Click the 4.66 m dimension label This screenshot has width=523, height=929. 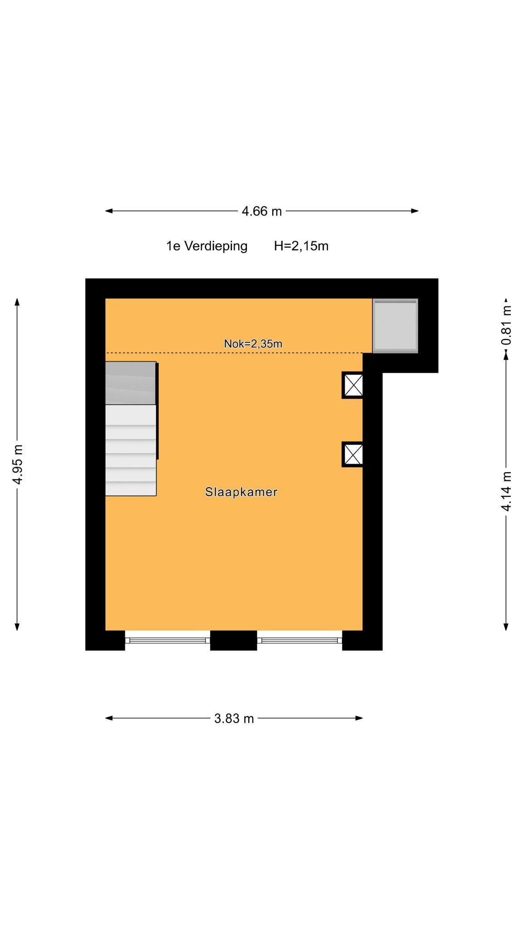[x=261, y=211]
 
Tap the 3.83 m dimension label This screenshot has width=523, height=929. [x=234, y=719]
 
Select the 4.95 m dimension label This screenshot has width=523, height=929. [x=17, y=464]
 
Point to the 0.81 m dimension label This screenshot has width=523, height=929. [x=506, y=325]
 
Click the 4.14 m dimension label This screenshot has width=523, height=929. [x=506, y=492]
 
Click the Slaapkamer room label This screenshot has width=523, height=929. [x=241, y=492]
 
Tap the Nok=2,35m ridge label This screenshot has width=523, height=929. [x=253, y=344]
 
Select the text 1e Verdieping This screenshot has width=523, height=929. [x=207, y=246]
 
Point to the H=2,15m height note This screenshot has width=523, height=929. [x=301, y=246]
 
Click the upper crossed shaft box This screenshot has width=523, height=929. [x=353, y=385]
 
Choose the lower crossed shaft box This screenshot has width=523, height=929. [x=353, y=455]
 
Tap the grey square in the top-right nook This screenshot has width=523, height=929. [x=395, y=326]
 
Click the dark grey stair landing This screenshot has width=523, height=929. [x=131, y=383]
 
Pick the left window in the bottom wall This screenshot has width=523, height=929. [x=168, y=641]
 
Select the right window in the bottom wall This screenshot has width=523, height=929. [x=300, y=641]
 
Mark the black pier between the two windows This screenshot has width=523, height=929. [x=233, y=641]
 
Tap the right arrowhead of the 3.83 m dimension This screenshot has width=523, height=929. [x=359, y=718]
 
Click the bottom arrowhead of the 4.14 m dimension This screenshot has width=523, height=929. [x=506, y=627]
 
